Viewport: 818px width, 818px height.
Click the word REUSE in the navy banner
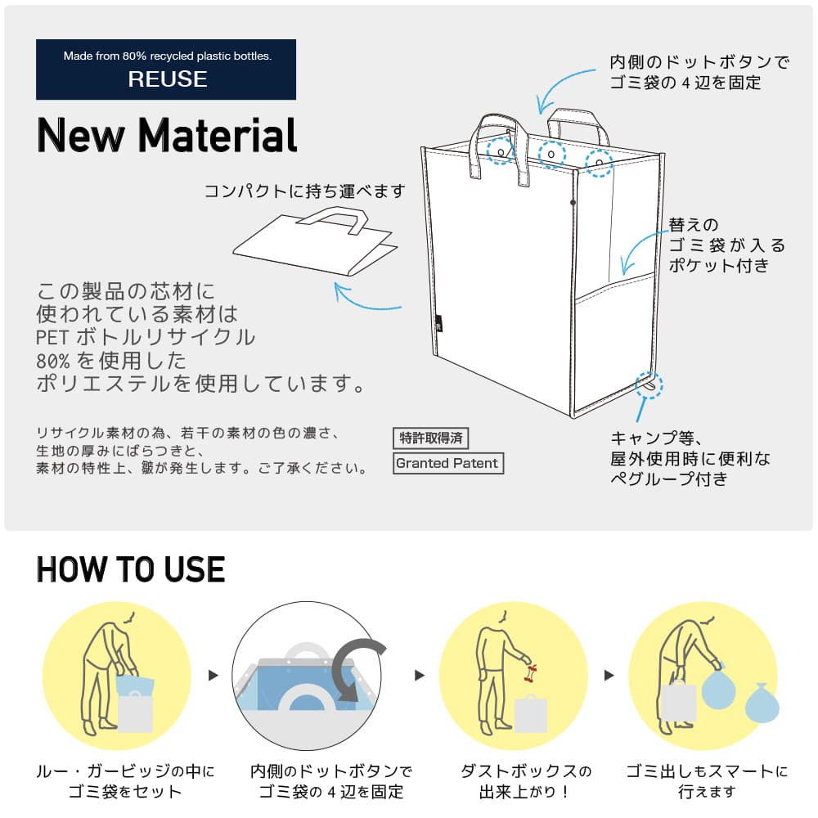167,79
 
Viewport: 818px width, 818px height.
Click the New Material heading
167,135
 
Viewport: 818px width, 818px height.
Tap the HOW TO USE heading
131,569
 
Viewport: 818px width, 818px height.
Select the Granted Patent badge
447,463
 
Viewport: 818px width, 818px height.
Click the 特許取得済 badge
431,438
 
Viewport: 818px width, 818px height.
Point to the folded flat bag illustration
315,244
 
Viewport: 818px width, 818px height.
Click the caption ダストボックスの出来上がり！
527,781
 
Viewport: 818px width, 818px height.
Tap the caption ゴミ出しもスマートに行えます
707,781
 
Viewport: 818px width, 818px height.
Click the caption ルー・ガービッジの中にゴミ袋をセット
126,781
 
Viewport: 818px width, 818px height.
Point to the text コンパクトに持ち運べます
304,191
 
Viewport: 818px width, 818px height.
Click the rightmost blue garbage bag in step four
762,703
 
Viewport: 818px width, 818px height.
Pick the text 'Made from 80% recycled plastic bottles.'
167,56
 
